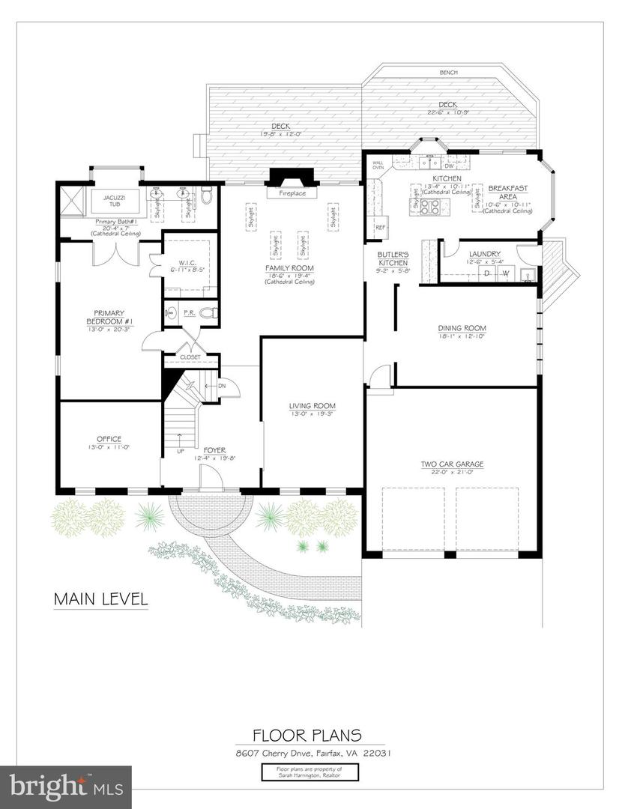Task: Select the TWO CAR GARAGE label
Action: (x=452, y=464)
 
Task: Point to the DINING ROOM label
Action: (x=462, y=328)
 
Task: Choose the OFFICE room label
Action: (x=109, y=439)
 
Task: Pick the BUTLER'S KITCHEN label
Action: (x=393, y=259)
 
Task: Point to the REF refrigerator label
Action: (x=380, y=226)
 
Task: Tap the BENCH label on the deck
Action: (x=450, y=73)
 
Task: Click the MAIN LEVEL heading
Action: (x=100, y=599)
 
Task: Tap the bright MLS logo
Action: (x=66, y=787)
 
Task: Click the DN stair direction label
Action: (x=223, y=386)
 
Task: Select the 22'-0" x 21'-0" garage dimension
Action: (x=452, y=473)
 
